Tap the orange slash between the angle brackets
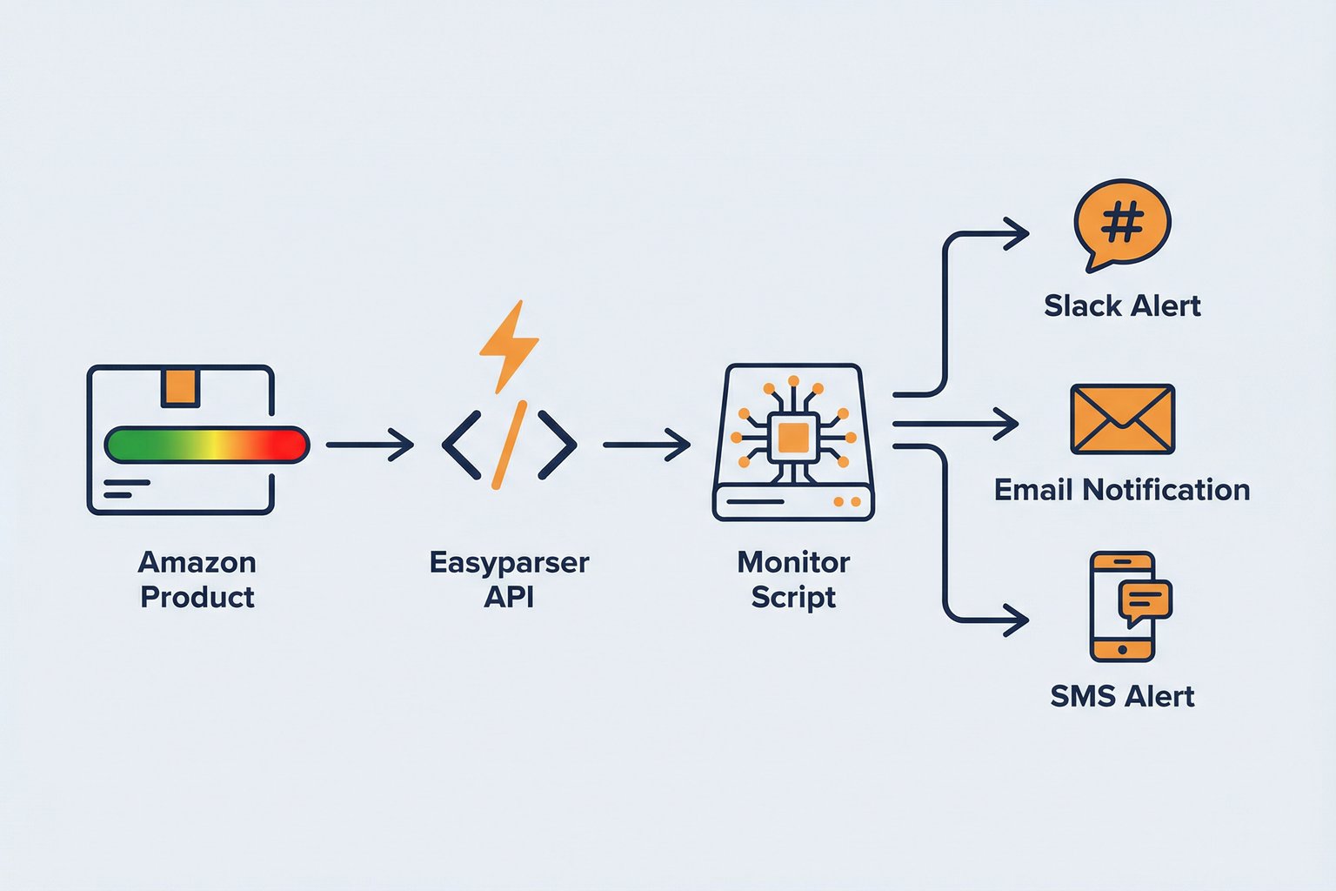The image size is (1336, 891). pos(509,445)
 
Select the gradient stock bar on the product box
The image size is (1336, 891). pos(206,445)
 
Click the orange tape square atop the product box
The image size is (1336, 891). pos(179,386)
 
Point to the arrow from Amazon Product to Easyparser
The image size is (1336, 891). pos(370,445)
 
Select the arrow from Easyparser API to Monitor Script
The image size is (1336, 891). pos(646,445)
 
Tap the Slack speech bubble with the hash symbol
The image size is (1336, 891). pos(1122,224)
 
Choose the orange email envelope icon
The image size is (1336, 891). pos(1122,419)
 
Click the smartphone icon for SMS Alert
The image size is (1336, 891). pos(1121,607)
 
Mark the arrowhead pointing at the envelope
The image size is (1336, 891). pos(1007,425)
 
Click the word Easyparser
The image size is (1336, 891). pos(509,563)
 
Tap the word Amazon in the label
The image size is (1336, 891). pos(197,562)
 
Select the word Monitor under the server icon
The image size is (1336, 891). pos(793,562)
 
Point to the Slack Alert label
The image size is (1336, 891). pos(1122,306)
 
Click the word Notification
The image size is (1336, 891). pos(1166,490)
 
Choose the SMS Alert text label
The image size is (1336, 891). pos(1122,696)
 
